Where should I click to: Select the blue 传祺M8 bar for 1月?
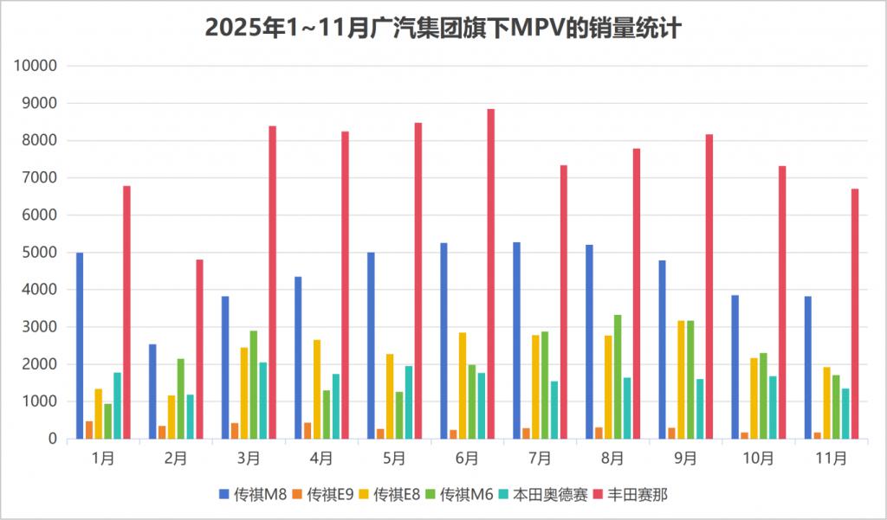(80, 346)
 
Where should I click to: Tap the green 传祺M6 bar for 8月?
(617, 377)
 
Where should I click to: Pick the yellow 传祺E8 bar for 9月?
(681, 380)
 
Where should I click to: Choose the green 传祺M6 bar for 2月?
(180, 399)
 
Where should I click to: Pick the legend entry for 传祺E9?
(327, 495)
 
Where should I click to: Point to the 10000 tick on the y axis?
(37, 66)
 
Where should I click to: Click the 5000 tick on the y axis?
(41, 253)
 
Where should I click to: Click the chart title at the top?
(443, 29)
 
